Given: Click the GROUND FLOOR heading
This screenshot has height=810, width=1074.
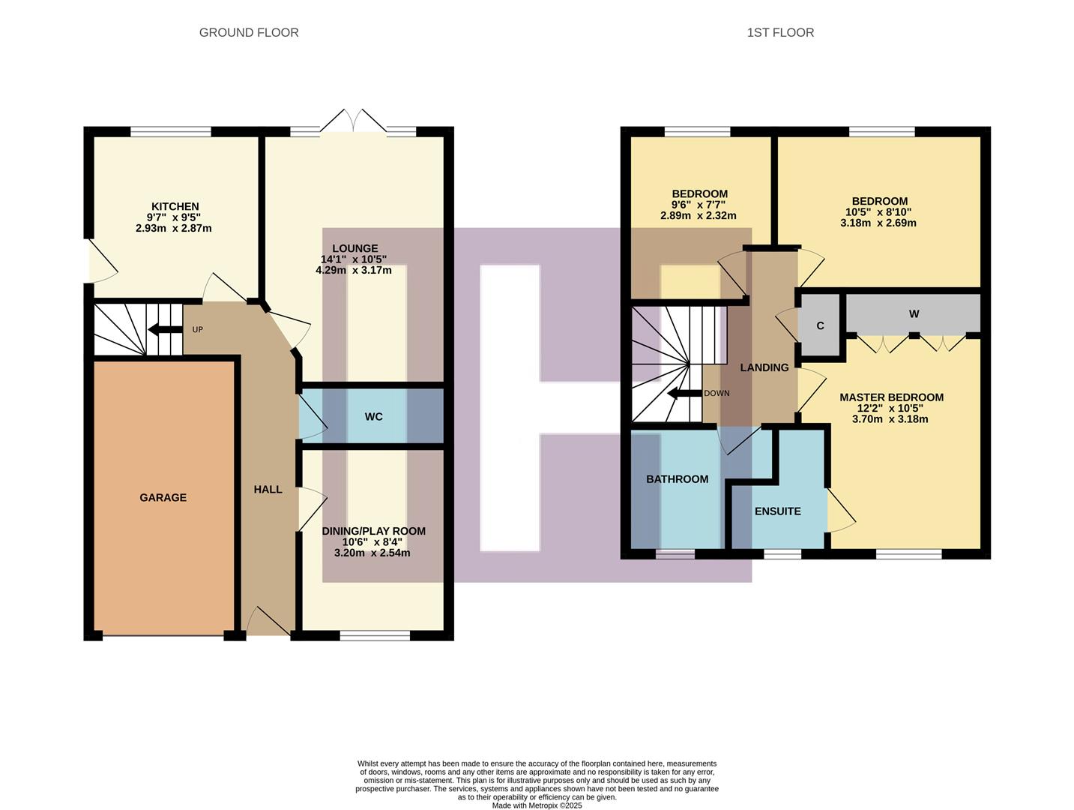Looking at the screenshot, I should (249, 32).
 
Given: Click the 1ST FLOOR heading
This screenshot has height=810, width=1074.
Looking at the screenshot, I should (780, 32).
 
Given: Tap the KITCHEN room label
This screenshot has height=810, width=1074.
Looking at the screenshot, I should (175, 206).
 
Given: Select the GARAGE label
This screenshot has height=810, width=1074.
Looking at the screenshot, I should (163, 497).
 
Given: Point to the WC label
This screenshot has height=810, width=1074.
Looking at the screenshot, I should (373, 416).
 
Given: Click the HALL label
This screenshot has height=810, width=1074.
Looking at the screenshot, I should (268, 489).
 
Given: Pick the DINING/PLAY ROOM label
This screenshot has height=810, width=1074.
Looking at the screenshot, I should (373, 531).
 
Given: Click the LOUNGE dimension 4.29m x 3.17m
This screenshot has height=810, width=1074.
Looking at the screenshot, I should (353, 270).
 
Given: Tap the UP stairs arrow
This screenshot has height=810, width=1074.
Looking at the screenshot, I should (165, 329).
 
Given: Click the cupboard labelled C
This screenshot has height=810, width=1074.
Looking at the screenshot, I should (820, 325).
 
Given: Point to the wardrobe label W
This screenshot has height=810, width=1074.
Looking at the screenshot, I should (914, 313).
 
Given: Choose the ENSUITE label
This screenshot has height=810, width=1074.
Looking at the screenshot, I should (777, 511).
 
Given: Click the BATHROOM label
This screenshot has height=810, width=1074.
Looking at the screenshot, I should (677, 478).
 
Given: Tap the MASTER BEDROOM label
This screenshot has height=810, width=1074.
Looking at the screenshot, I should (891, 397).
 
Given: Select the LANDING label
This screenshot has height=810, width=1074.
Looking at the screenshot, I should (764, 367).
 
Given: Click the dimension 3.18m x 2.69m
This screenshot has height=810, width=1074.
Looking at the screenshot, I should (878, 223).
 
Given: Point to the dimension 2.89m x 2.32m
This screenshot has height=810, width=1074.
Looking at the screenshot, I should (698, 215).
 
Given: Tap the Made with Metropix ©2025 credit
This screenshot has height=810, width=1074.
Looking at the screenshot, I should (537, 805).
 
